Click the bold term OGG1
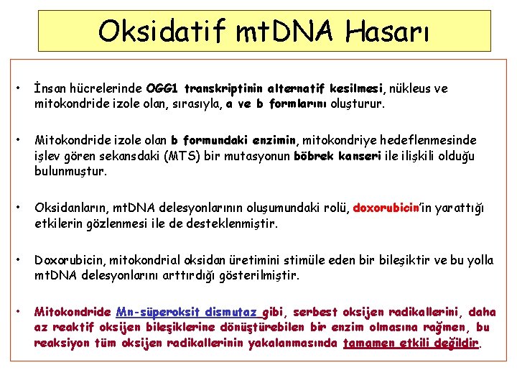[x=162, y=89]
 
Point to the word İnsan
[x=49, y=89]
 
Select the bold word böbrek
[x=315, y=156]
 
